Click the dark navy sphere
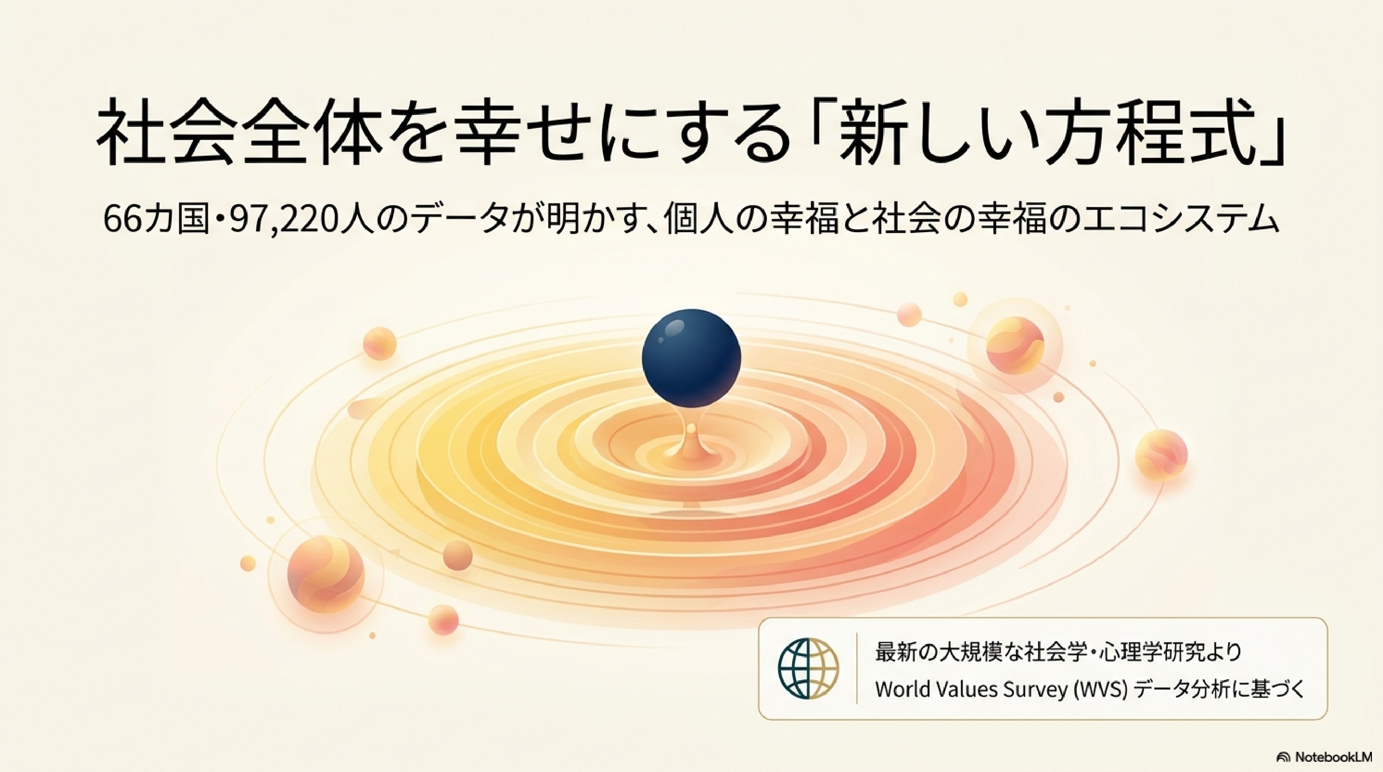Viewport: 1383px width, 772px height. pos(692,359)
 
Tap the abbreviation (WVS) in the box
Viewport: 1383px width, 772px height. pos(1098,690)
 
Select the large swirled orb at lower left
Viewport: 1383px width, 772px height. pos(326,576)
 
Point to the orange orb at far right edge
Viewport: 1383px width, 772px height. pos(1161,454)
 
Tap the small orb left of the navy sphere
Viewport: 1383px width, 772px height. pos(380,343)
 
